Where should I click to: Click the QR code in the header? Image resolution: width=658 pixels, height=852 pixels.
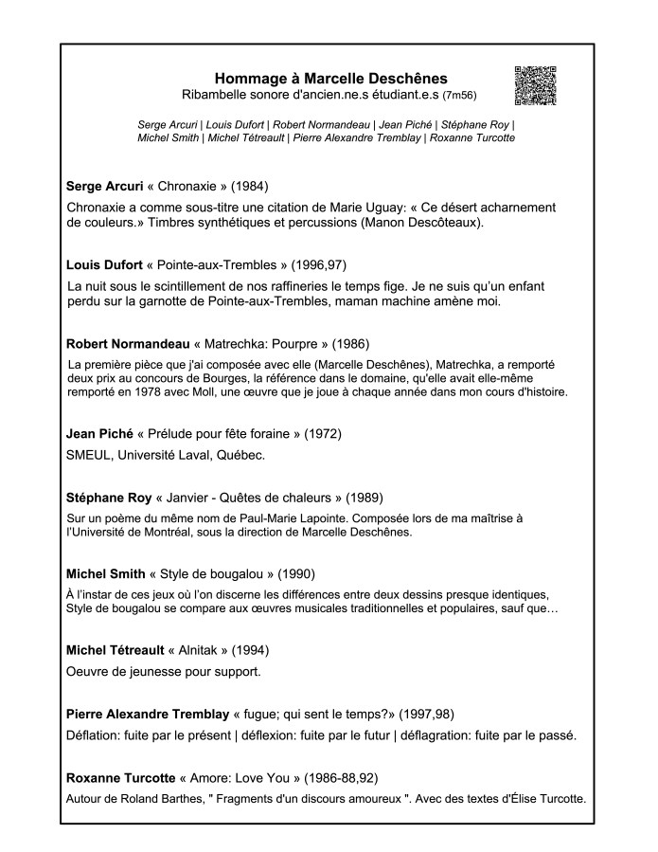tap(535, 86)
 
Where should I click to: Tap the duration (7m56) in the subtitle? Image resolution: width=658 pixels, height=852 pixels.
tap(459, 96)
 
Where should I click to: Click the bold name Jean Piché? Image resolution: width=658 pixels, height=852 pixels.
tap(99, 434)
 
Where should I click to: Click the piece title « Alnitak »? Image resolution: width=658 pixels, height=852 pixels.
tap(199, 652)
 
